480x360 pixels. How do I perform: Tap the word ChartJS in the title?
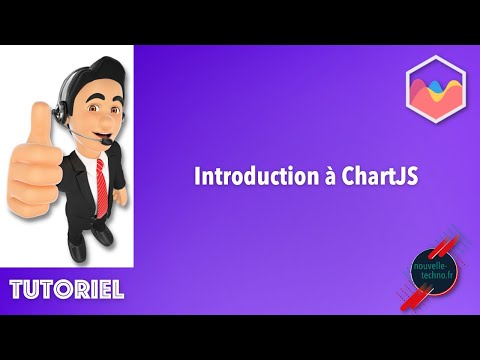click(351, 177)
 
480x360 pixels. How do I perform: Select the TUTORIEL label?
click(67, 291)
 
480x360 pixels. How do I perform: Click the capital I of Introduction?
click(195, 177)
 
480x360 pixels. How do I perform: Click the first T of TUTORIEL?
click(17, 291)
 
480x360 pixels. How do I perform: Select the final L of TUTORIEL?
click(117, 291)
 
